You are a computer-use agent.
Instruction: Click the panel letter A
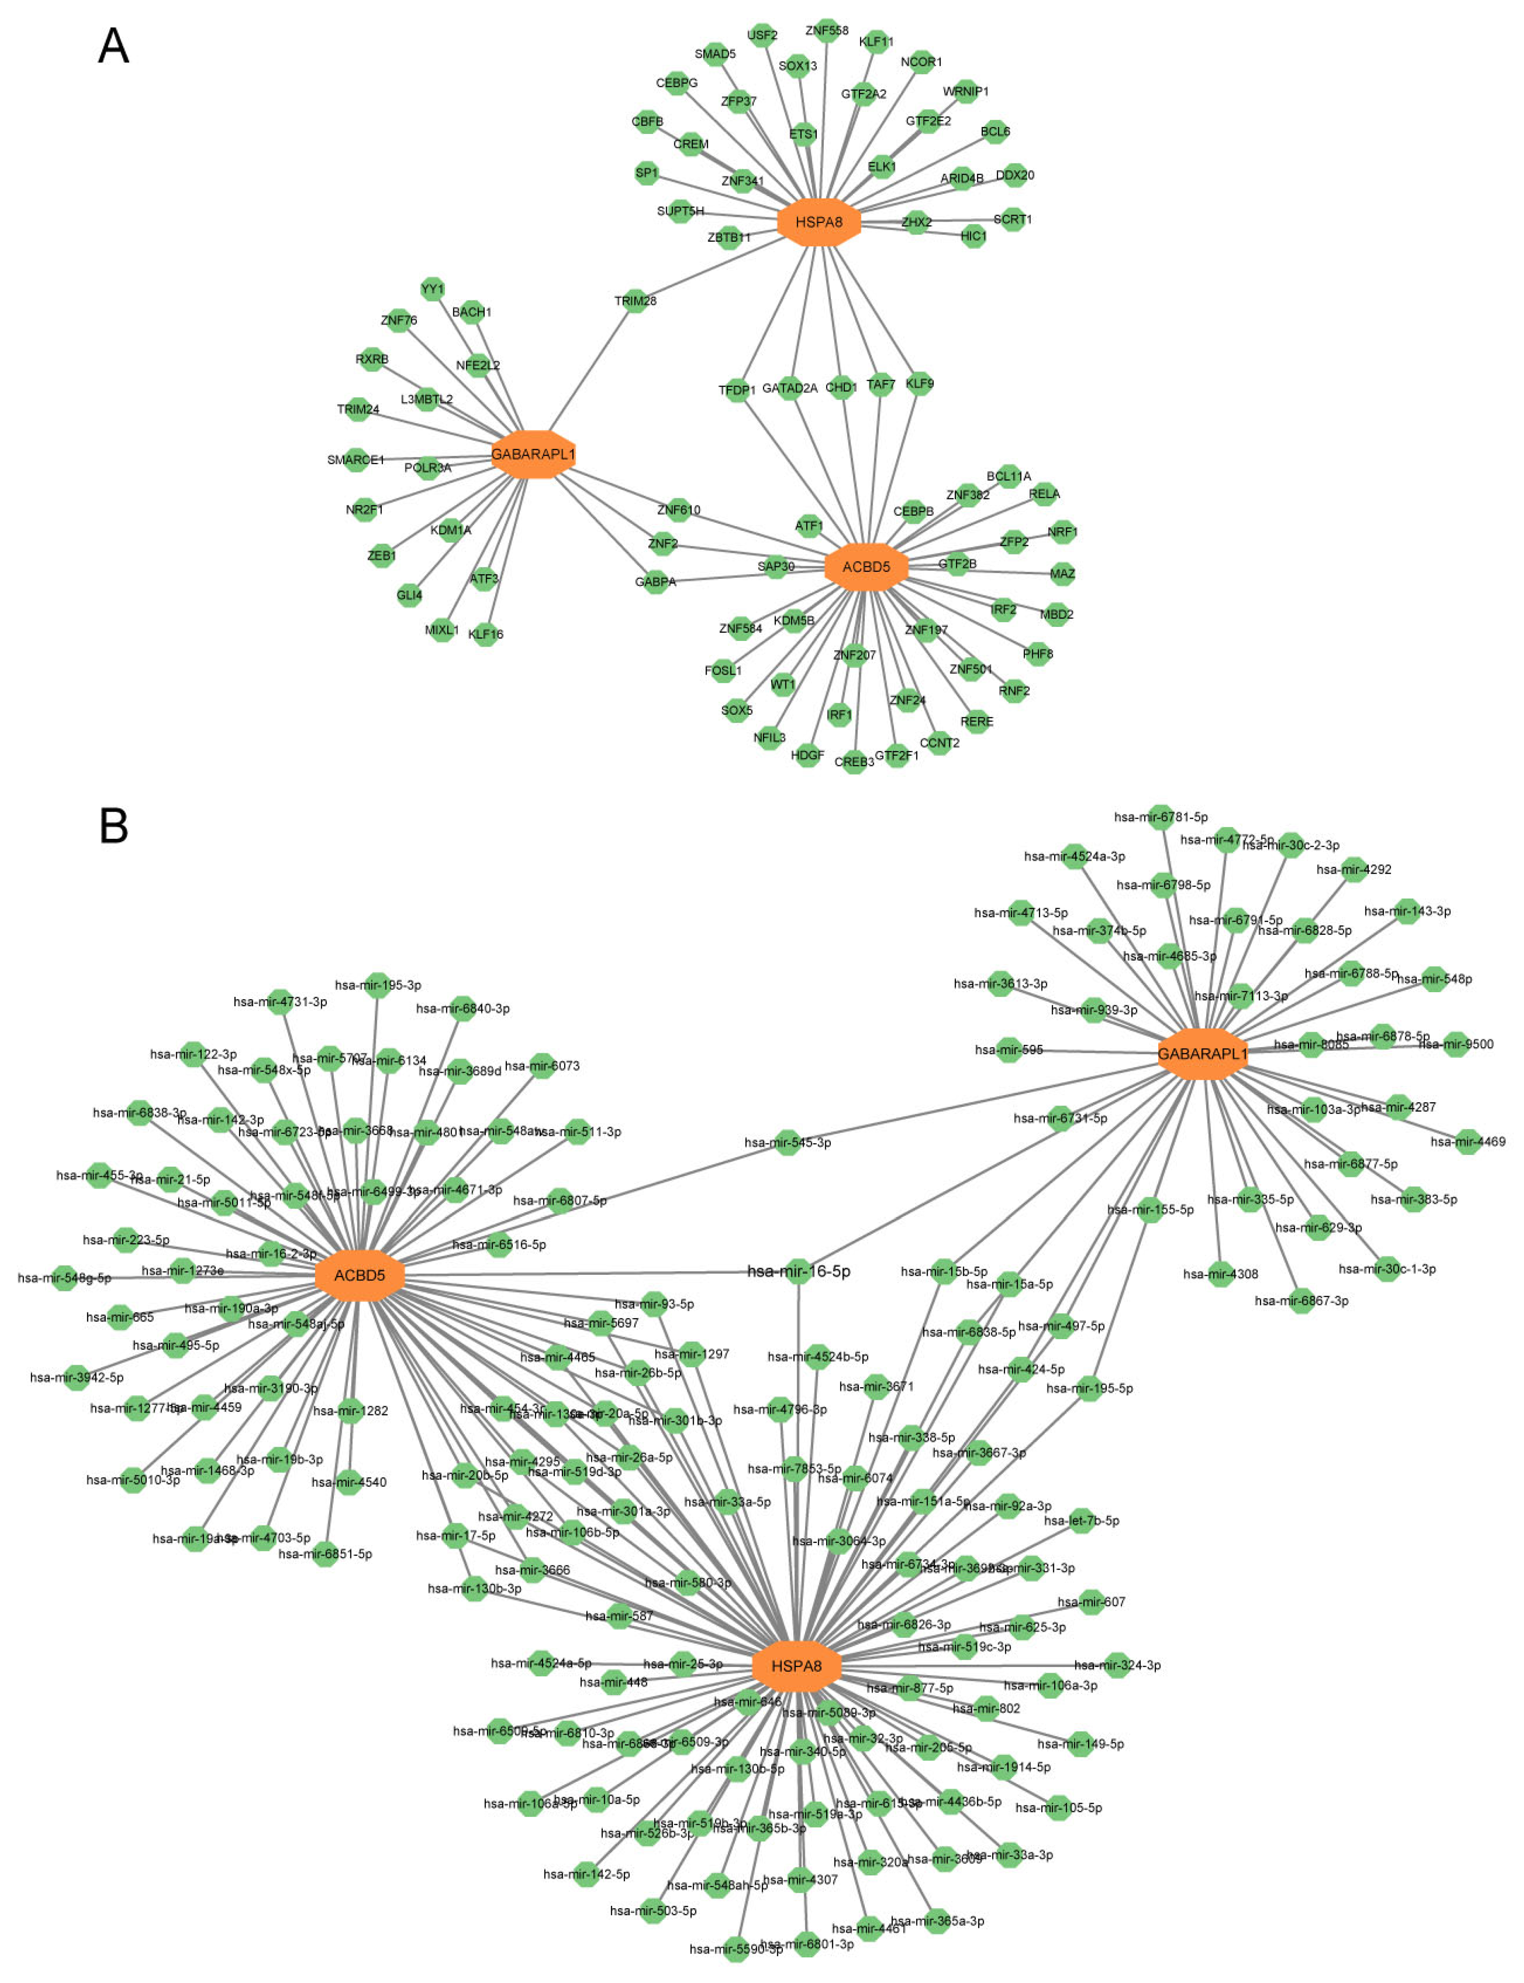click(113, 45)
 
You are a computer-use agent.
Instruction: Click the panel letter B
click(113, 825)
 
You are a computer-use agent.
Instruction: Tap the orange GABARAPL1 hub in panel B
click(1202, 1053)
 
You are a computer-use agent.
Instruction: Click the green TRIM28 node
click(635, 300)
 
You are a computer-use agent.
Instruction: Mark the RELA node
click(1044, 494)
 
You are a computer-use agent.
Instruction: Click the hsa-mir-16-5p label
click(798, 1271)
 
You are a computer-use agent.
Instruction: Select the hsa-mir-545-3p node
click(788, 1142)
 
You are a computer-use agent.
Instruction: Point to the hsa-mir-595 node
click(1009, 1050)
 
